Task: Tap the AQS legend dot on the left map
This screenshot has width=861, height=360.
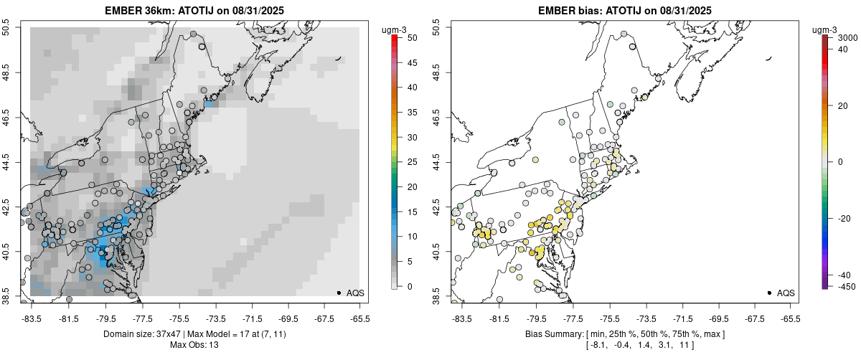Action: (339, 293)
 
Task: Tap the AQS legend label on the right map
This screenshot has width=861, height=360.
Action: (786, 293)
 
